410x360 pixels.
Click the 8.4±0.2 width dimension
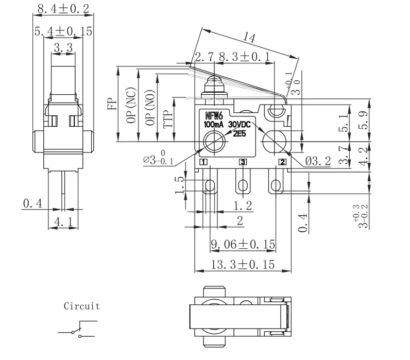click(63, 8)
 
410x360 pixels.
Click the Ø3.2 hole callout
click(318, 162)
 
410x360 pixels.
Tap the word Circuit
click(81, 306)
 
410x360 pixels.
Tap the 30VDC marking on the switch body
click(240, 125)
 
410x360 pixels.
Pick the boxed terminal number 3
click(243, 162)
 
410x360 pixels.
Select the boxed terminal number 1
click(203, 162)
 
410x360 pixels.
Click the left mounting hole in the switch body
click(213, 141)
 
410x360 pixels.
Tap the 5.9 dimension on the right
click(364, 119)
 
